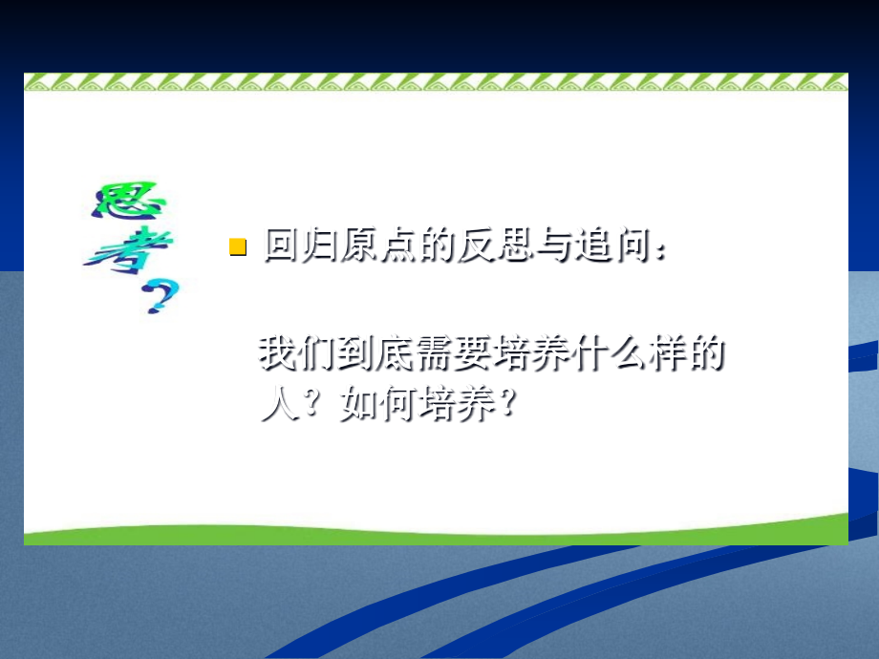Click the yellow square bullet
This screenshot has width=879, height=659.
(x=238, y=246)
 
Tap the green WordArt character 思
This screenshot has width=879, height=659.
(x=130, y=201)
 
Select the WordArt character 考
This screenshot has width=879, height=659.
(x=130, y=250)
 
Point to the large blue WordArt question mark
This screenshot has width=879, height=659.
(x=161, y=296)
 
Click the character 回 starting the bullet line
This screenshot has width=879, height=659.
(x=283, y=244)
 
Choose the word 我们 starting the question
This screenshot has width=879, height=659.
(x=296, y=353)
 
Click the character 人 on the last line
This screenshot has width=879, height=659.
(x=279, y=402)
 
